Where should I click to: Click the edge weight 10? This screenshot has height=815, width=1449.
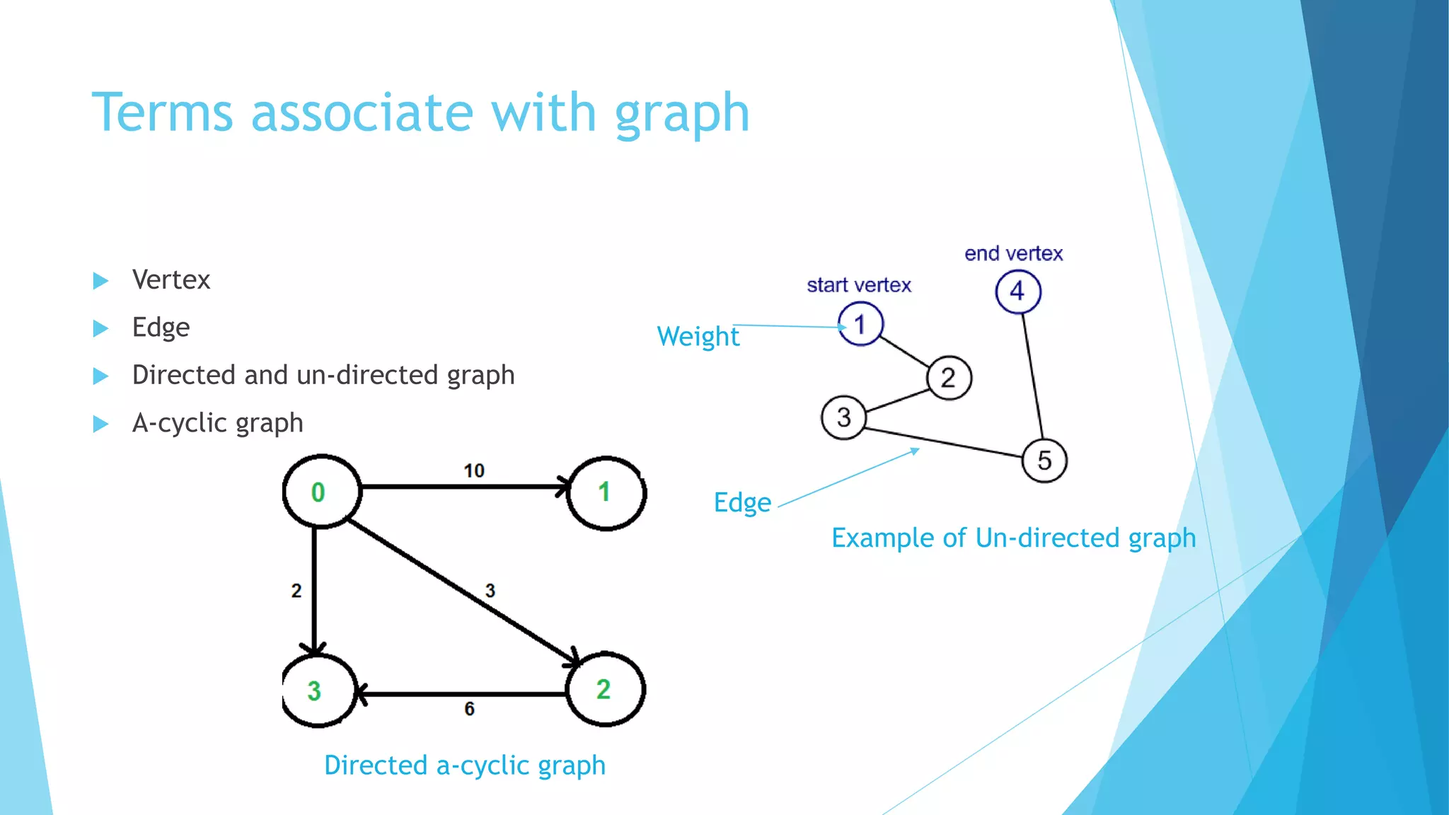pyautogui.click(x=473, y=470)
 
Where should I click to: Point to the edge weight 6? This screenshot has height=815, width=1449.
pyautogui.click(x=469, y=709)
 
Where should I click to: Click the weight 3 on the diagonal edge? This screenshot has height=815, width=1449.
pyautogui.click(x=490, y=591)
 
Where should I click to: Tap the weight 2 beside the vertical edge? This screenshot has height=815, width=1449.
pyautogui.click(x=296, y=591)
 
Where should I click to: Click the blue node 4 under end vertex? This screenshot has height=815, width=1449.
pyautogui.click(x=1017, y=291)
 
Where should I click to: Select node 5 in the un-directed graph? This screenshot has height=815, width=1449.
pyautogui.click(x=1044, y=461)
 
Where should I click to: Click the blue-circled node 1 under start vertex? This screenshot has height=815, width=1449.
pyautogui.click(x=860, y=324)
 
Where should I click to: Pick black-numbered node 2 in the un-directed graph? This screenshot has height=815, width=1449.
pyautogui.click(x=949, y=378)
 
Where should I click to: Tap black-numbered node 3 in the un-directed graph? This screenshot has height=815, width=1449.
pyautogui.click(x=843, y=417)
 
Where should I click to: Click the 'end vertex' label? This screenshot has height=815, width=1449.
pyautogui.click(x=1013, y=253)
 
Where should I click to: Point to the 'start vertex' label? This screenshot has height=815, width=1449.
pyautogui.click(x=859, y=285)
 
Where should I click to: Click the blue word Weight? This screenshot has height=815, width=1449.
pyautogui.click(x=698, y=337)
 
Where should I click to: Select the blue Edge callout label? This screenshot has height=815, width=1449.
pyautogui.click(x=741, y=503)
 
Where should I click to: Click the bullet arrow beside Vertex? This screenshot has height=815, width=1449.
pyautogui.click(x=100, y=281)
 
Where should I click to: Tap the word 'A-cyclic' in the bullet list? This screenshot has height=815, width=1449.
pyautogui.click(x=179, y=423)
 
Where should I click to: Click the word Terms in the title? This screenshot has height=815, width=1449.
pyautogui.click(x=162, y=112)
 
